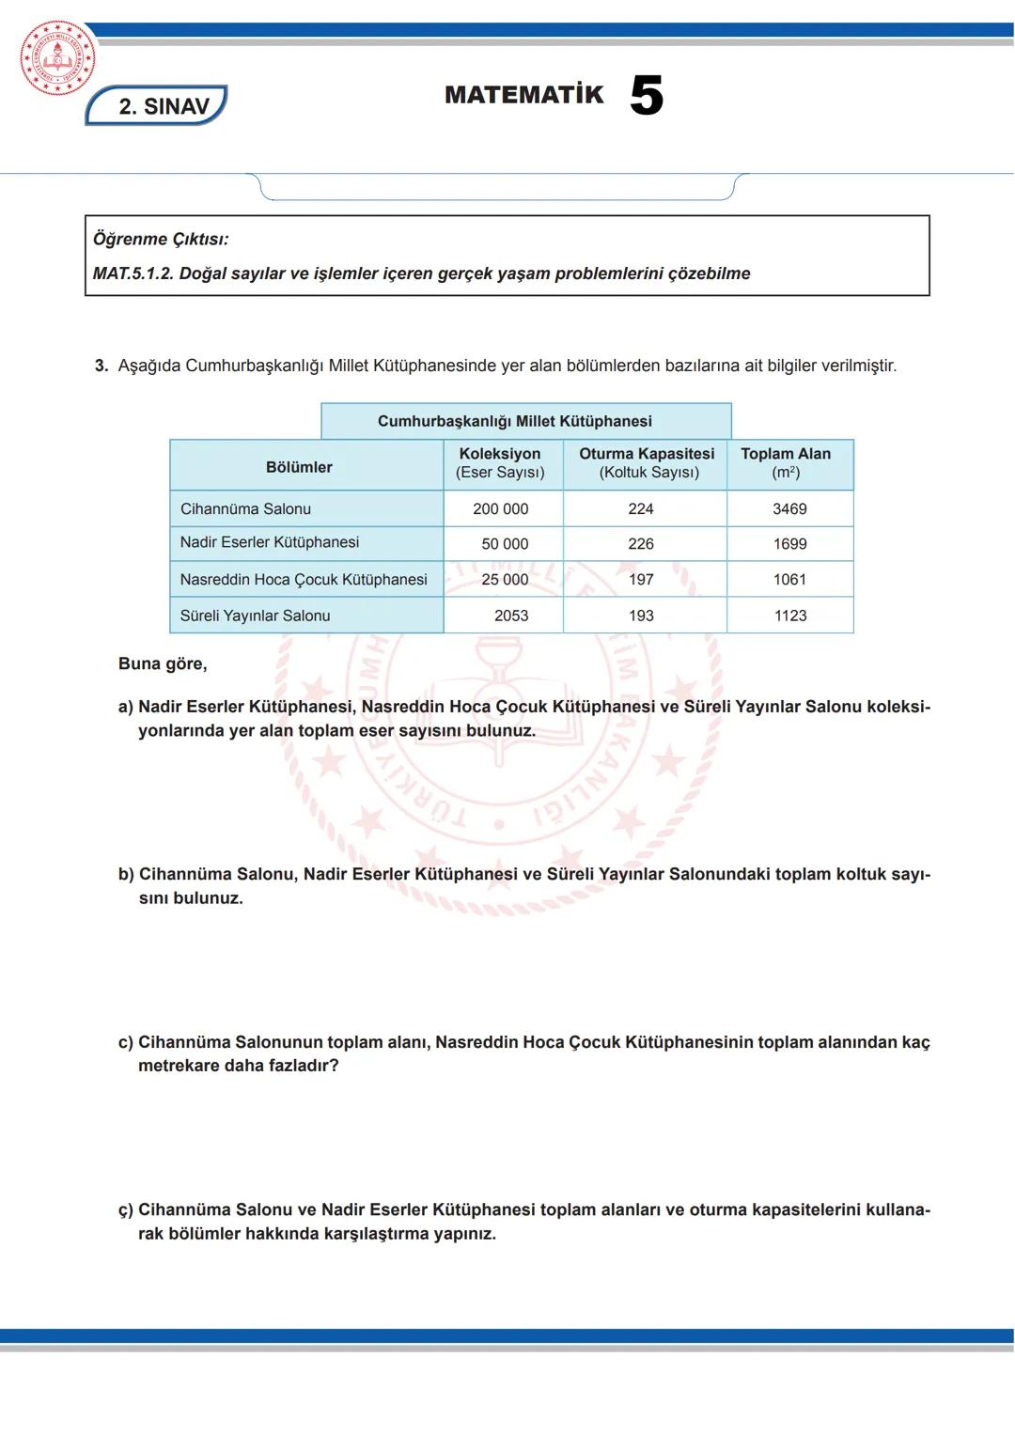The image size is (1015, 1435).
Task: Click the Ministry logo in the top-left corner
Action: tap(57, 58)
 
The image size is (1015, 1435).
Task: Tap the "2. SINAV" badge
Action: tap(158, 106)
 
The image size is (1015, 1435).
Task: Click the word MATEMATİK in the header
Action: tap(523, 95)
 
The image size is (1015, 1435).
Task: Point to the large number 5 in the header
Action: tap(647, 96)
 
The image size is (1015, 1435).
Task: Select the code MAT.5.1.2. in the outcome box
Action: tap(133, 273)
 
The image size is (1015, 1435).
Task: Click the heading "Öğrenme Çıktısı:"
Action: tap(161, 239)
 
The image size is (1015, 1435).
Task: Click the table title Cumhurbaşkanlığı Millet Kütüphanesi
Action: tap(514, 421)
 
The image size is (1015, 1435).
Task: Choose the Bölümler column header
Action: tap(299, 467)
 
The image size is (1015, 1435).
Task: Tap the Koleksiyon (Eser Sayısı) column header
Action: tap(500, 463)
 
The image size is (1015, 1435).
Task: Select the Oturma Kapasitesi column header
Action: tap(647, 463)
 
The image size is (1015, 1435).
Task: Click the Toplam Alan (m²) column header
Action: tap(786, 463)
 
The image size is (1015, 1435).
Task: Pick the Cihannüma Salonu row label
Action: tap(245, 508)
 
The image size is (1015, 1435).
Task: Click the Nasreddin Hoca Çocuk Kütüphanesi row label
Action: tap(304, 580)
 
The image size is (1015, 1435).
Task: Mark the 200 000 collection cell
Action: tap(500, 508)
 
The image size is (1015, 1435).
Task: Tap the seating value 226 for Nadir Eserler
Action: tap(641, 544)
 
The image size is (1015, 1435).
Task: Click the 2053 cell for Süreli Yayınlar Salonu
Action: tap(511, 616)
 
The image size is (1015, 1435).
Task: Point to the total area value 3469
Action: tap(789, 508)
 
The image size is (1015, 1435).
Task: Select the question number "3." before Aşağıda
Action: tap(101, 366)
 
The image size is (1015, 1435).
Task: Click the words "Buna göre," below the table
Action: tap(163, 663)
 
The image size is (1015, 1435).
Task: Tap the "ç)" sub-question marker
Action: tap(126, 1210)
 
